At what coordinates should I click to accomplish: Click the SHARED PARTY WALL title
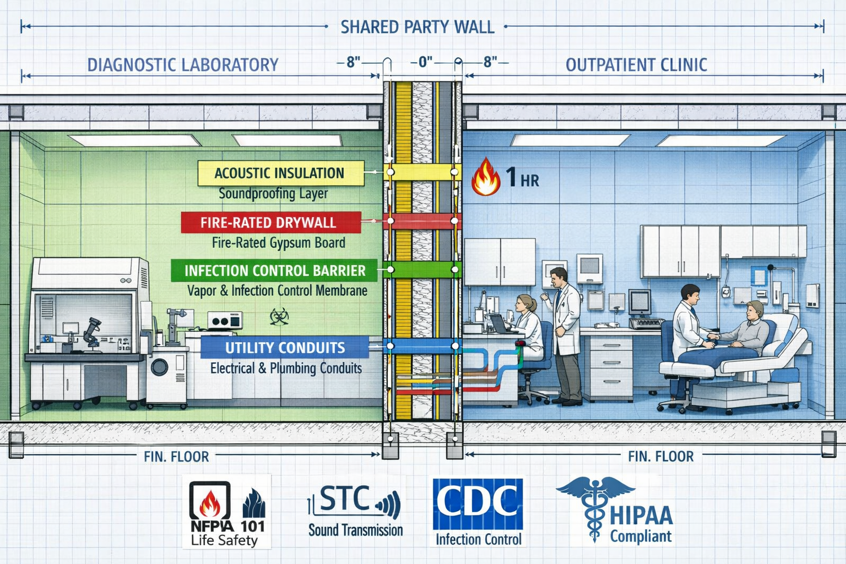tap(417, 27)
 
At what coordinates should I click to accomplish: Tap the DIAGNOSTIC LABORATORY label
tap(182, 65)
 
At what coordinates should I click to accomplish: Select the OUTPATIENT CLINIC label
tap(636, 65)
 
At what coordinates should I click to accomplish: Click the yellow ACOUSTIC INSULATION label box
tap(280, 173)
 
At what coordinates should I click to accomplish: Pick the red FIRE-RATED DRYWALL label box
tap(270, 223)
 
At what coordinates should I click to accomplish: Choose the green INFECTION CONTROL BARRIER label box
tap(274, 270)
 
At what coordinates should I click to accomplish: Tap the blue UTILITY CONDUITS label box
tap(284, 348)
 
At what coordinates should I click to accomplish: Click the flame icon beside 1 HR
tap(485, 177)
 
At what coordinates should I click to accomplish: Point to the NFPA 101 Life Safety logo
tap(227, 512)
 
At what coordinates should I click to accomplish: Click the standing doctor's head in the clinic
tap(558, 276)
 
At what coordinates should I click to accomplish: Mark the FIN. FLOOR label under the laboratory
tap(176, 457)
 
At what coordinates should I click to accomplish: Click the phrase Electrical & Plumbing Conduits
tap(286, 368)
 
